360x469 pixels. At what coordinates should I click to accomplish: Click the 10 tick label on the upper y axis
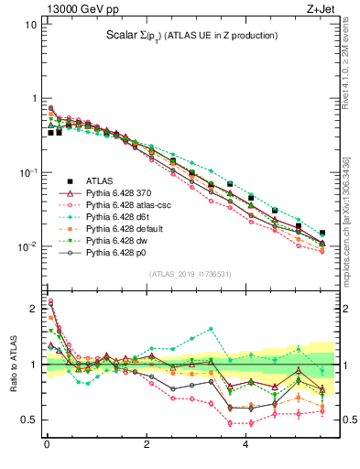[x=30, y=25]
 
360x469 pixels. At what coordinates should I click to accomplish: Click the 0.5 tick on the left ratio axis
[x=29, y=420]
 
